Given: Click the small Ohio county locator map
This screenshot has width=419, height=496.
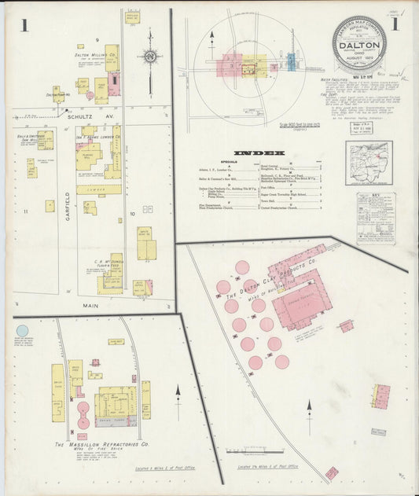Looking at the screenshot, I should tap(369, 162).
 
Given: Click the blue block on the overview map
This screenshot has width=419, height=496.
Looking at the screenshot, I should tap(290, 62).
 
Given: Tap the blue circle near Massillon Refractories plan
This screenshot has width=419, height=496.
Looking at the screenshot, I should tap(22, 331).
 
